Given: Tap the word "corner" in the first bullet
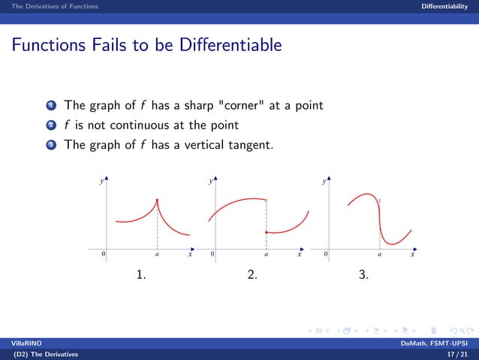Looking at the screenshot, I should (238, 105).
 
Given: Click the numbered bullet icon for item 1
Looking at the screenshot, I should (54, 105).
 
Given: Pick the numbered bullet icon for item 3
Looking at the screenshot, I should (54, 144).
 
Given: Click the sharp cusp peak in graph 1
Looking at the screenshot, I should (157, 199).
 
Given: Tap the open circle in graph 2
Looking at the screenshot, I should (267, 200).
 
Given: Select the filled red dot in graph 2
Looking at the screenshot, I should (267, 233).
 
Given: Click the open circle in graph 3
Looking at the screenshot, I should (380, 200).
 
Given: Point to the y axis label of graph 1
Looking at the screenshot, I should (101, 182).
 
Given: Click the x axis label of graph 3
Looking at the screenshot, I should (412, 255).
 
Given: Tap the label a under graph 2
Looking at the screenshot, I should (267, 255).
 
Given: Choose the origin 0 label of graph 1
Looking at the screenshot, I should (103, 255).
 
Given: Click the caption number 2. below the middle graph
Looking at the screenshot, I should (252, 275).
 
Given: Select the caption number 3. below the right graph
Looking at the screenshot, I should (363, 275).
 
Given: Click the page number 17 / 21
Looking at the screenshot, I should (456, 353).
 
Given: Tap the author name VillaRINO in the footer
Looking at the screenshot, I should (16, 343).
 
